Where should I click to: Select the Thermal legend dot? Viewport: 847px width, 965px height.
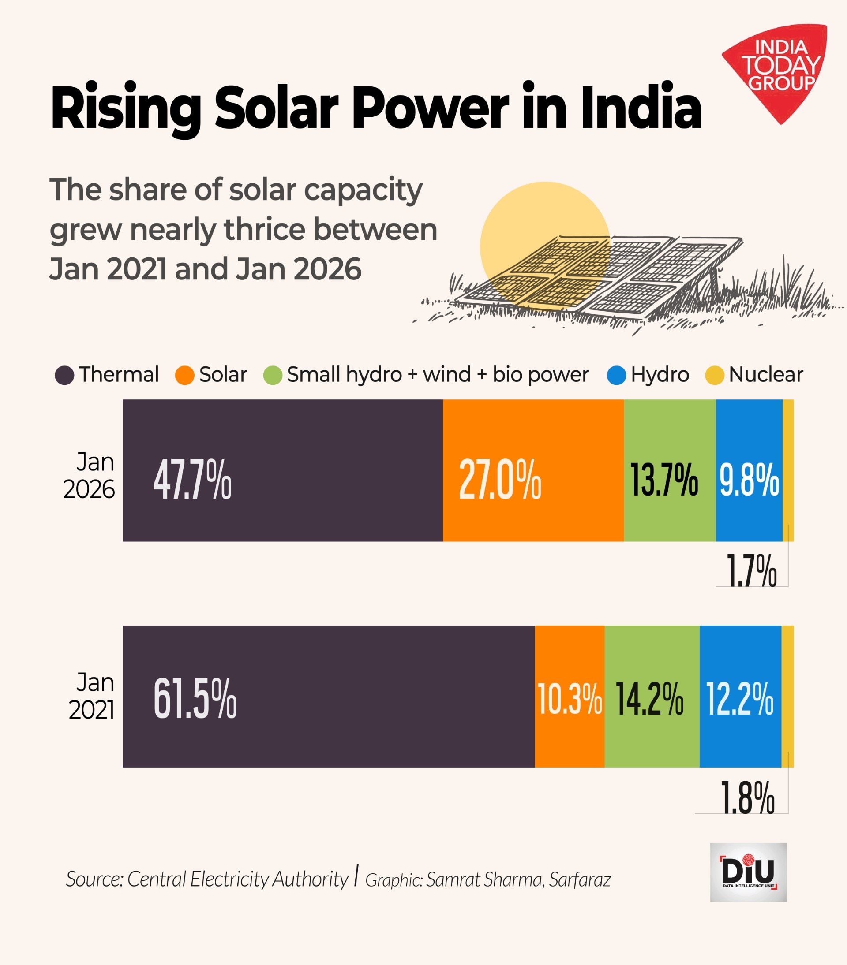[64, 375]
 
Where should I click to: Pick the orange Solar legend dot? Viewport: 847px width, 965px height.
[185, 375]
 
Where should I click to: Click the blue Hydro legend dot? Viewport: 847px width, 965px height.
[616, 375]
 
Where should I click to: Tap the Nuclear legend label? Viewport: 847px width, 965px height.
[766, 375]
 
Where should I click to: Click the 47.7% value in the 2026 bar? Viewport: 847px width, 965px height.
[192, 480]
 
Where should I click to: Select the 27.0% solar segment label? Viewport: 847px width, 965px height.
[500, 480]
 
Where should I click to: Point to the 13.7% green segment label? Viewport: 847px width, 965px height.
[664, 480]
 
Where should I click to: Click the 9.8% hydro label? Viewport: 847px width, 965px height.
[749, 480]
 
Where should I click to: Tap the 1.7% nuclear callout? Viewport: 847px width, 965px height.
[751, 571]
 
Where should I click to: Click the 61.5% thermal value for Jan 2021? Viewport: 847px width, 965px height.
[195, 699]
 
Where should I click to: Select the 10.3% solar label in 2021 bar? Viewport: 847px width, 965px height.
[570, 699]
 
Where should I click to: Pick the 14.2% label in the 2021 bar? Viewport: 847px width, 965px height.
[650, 699]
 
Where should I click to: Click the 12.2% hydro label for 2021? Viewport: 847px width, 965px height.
[740, 699]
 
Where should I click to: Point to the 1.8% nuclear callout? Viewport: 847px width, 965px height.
[747, 798]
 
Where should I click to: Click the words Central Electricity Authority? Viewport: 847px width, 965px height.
[238, 879]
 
